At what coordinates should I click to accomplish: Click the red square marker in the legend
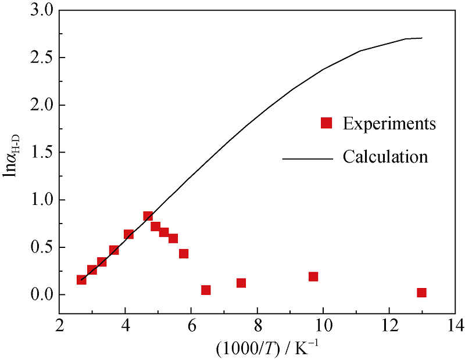pos(326,123)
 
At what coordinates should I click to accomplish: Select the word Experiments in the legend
pos(389,123)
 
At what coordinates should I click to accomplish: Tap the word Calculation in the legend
pos(385,157)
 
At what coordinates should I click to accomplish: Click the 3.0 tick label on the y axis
pos(39,10)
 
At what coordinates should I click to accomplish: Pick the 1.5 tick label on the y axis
pos(39,153)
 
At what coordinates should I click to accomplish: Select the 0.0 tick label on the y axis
pos(39,294)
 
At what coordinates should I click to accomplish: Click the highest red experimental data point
pos(148,216)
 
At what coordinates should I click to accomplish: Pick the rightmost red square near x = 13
pos(421,293)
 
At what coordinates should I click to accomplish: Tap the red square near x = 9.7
pos(313,276)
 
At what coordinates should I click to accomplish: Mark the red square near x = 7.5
pos(241,283)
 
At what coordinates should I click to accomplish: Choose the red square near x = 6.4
pos(206,290)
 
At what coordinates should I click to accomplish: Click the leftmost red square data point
pos(81,280)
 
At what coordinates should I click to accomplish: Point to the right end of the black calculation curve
pos(422,38)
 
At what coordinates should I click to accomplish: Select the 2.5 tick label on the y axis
pos(39,58)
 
